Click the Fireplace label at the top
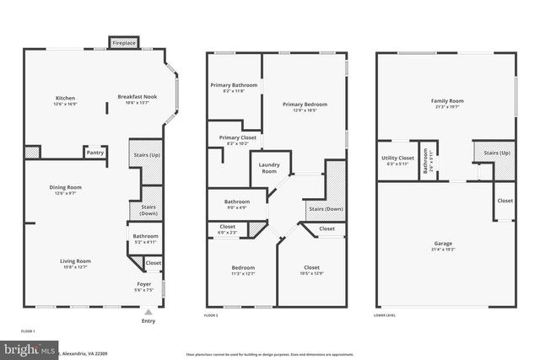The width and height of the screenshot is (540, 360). [124, 41]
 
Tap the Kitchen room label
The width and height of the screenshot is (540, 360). [65, 98]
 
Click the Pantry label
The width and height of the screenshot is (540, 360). [94, 153]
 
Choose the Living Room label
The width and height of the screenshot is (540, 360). [75, 261]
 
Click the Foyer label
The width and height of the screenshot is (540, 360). [144, 284]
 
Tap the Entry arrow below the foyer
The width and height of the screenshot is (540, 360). [148, 312]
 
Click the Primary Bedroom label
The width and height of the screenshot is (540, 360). [305, 105]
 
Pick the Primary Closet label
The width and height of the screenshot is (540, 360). [236, 137]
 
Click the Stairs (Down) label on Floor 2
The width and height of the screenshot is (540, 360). [325, 208]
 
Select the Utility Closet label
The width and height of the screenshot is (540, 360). [397, 159]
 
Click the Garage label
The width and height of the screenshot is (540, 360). [443, 244]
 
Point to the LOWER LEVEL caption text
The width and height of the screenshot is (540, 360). [385, 315]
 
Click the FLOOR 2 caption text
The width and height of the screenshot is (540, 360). [211, 315]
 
